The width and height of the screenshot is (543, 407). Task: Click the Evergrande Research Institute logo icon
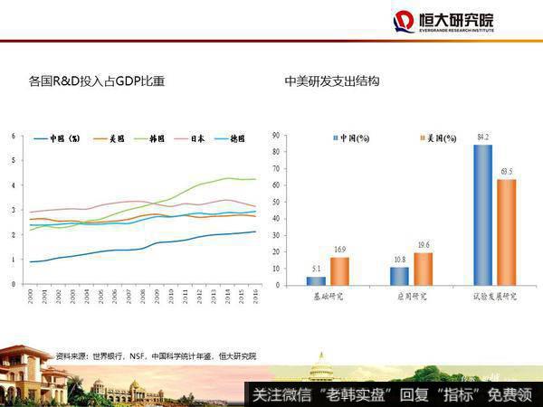[x=405, y=22]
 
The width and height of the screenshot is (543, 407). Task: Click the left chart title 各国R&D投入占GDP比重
[x=97, y=81]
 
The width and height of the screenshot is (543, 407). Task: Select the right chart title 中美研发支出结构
[x=331, y=81]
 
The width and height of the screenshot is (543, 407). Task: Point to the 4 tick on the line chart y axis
[x=13, y=185]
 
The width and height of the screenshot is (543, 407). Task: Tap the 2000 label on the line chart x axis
[x=30, y=296]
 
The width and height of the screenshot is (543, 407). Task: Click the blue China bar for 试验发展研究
[x=482, y=215]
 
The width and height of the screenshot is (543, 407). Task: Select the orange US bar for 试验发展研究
[x=505, y=232]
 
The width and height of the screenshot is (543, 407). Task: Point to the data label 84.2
[x=482, y=138]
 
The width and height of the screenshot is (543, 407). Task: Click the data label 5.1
[x=316, y=269]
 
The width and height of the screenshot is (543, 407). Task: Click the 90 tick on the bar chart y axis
[x=275, y=137]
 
